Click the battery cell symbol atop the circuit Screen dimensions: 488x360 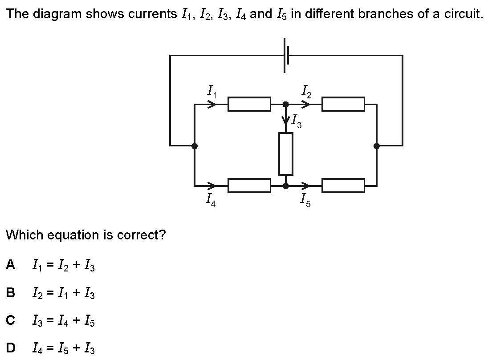click(x=286, y=55)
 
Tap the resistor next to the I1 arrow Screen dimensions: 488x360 click(x=249, y=104)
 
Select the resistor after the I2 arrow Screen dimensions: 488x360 click(x=343, y=104)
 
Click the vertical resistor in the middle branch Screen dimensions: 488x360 click(x=286, y=154)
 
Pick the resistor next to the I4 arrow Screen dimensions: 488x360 click(x=249, y=186)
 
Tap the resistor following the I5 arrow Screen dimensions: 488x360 click(x=343, y=186)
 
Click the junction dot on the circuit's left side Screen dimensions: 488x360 click(x=195, y=146)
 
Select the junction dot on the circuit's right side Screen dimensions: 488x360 click(x=377, y=146)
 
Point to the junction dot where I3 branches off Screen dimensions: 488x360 click(x=285, y=104)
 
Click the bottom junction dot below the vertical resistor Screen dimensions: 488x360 click(x=285, y=186)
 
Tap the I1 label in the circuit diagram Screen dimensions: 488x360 click(x=212, y=91)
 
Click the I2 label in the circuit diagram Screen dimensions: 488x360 click(x=306, y=91)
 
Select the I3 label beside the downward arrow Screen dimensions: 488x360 click(x=296, y=121)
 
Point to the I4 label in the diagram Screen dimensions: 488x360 click(x=211, y=199)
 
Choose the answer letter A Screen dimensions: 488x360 click(x=11, y=265)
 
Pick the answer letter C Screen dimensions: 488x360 click(x=11, y=320)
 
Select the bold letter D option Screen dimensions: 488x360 click(x=11, y=348)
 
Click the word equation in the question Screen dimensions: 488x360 click(x=74, y=235)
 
